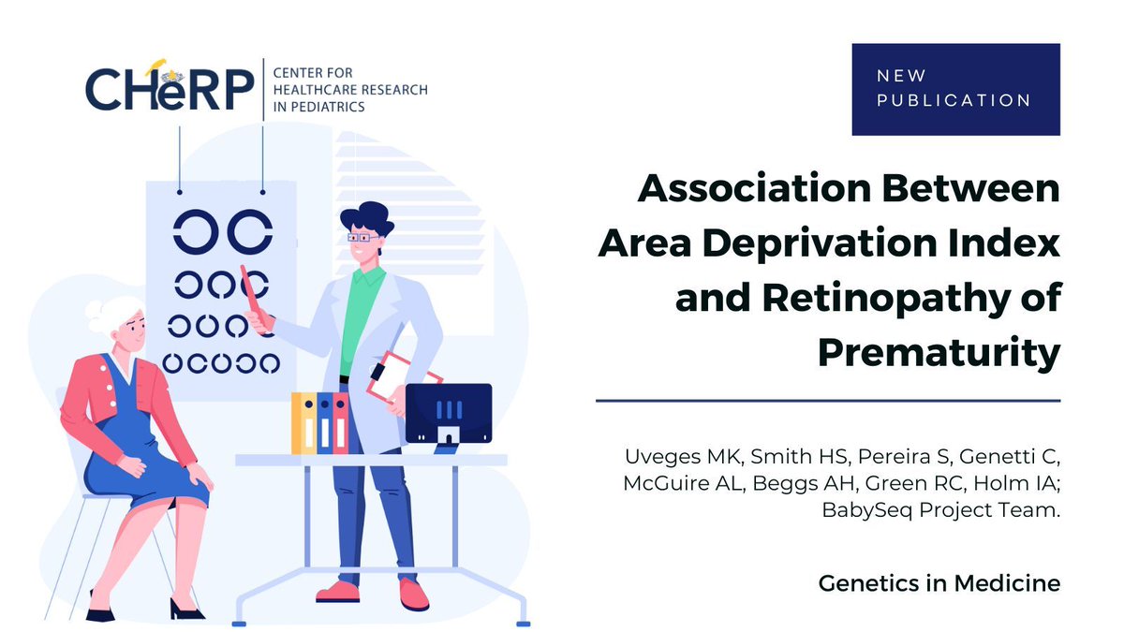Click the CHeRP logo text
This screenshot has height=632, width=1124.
[169, 89]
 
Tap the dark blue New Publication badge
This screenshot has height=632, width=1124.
[955, 89]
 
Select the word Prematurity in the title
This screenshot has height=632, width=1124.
[939, 353]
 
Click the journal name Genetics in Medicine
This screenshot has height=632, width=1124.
[939, 583]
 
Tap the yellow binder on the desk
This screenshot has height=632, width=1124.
[303, 423]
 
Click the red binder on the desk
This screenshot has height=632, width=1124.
[340, 423]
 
